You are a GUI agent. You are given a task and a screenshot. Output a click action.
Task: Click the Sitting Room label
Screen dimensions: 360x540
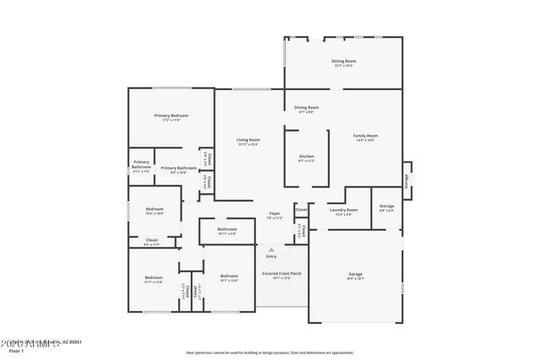coord(343,62)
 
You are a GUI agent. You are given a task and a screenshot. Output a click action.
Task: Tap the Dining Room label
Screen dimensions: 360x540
coord(306,108)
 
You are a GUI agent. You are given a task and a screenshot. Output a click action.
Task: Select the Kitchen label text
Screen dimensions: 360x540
coord(306,156)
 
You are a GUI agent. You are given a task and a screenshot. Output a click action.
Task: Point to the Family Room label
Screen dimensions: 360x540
coord(364,136)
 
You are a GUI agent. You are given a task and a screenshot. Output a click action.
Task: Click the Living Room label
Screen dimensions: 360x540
coord(247,140)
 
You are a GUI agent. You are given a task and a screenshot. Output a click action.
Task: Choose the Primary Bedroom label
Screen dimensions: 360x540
coord(170,116)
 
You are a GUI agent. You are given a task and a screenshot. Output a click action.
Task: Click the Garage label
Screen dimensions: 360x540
coord(355,274)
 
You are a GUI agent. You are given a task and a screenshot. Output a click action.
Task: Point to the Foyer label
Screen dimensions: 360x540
coord(275,213)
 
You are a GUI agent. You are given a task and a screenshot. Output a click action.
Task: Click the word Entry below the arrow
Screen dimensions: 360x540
coord(271,256)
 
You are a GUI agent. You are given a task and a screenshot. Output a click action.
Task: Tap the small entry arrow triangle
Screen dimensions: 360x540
coord(271,250)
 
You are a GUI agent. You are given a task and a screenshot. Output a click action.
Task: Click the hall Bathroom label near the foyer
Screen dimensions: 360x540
coord(227,228)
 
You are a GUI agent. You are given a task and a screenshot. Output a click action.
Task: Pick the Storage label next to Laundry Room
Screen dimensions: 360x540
coord(386,206)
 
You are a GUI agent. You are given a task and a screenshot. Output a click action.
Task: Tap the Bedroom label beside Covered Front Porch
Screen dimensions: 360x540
coord(229,277)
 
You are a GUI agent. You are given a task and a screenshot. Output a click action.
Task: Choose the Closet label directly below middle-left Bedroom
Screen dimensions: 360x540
coord(152,240)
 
